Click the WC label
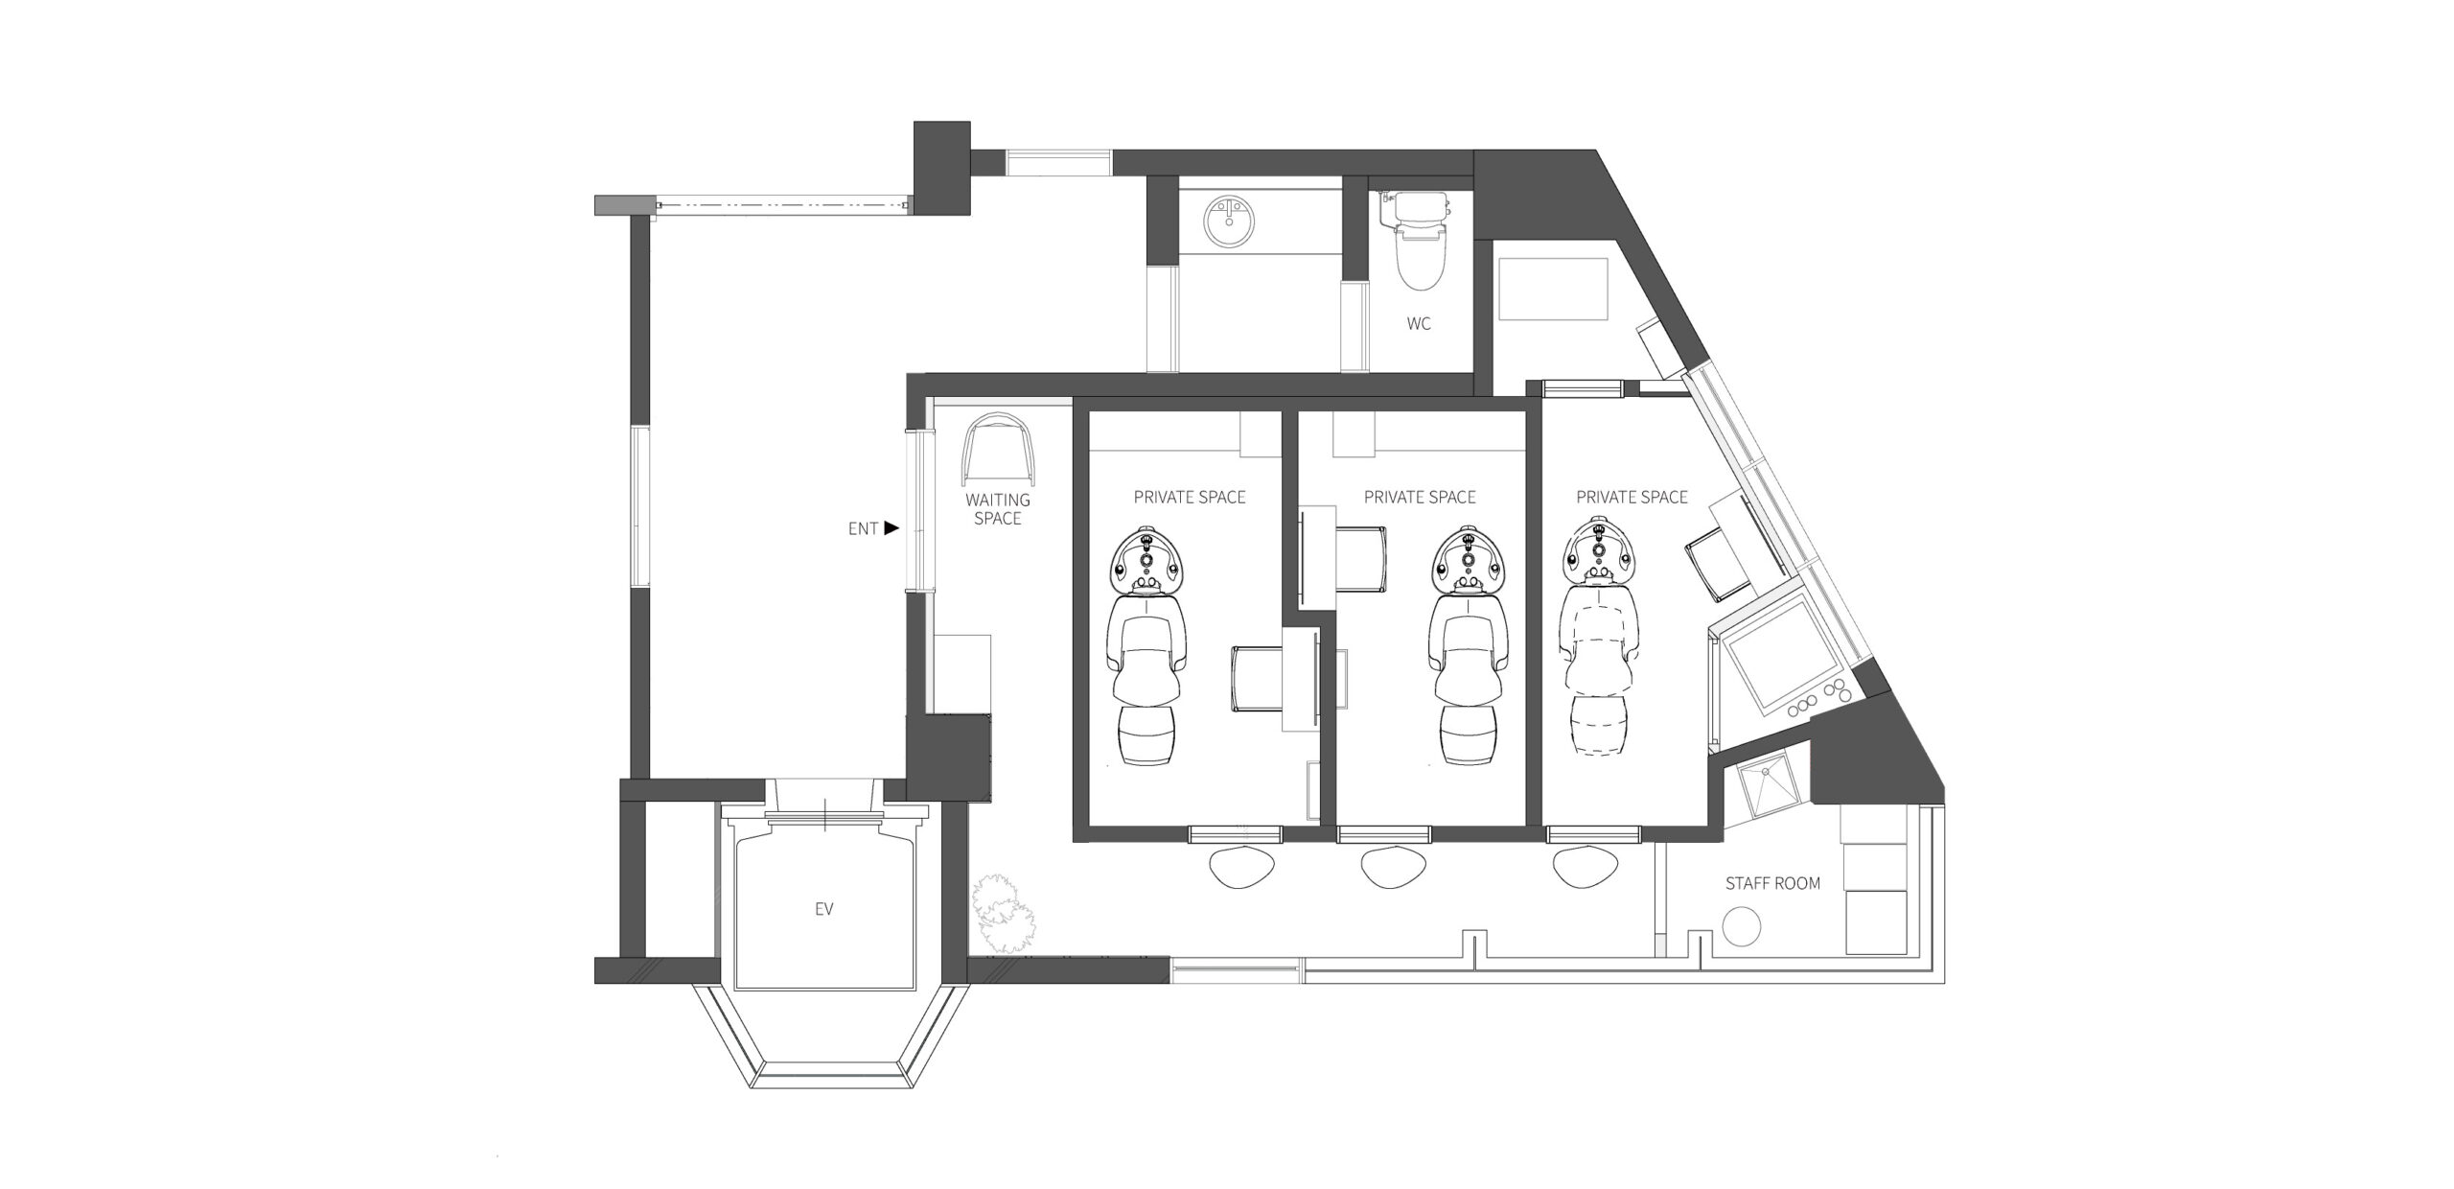(1419, 324)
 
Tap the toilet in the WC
(1418, 240)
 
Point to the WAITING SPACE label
(998, 509)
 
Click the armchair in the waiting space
(999, 450)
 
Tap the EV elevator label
(823, 909)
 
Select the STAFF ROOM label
(1772, 883)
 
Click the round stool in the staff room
(1742, 928)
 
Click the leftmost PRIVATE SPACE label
(1190, 497)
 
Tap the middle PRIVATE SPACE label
(1420, 497)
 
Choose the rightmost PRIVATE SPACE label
(1632, 497)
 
